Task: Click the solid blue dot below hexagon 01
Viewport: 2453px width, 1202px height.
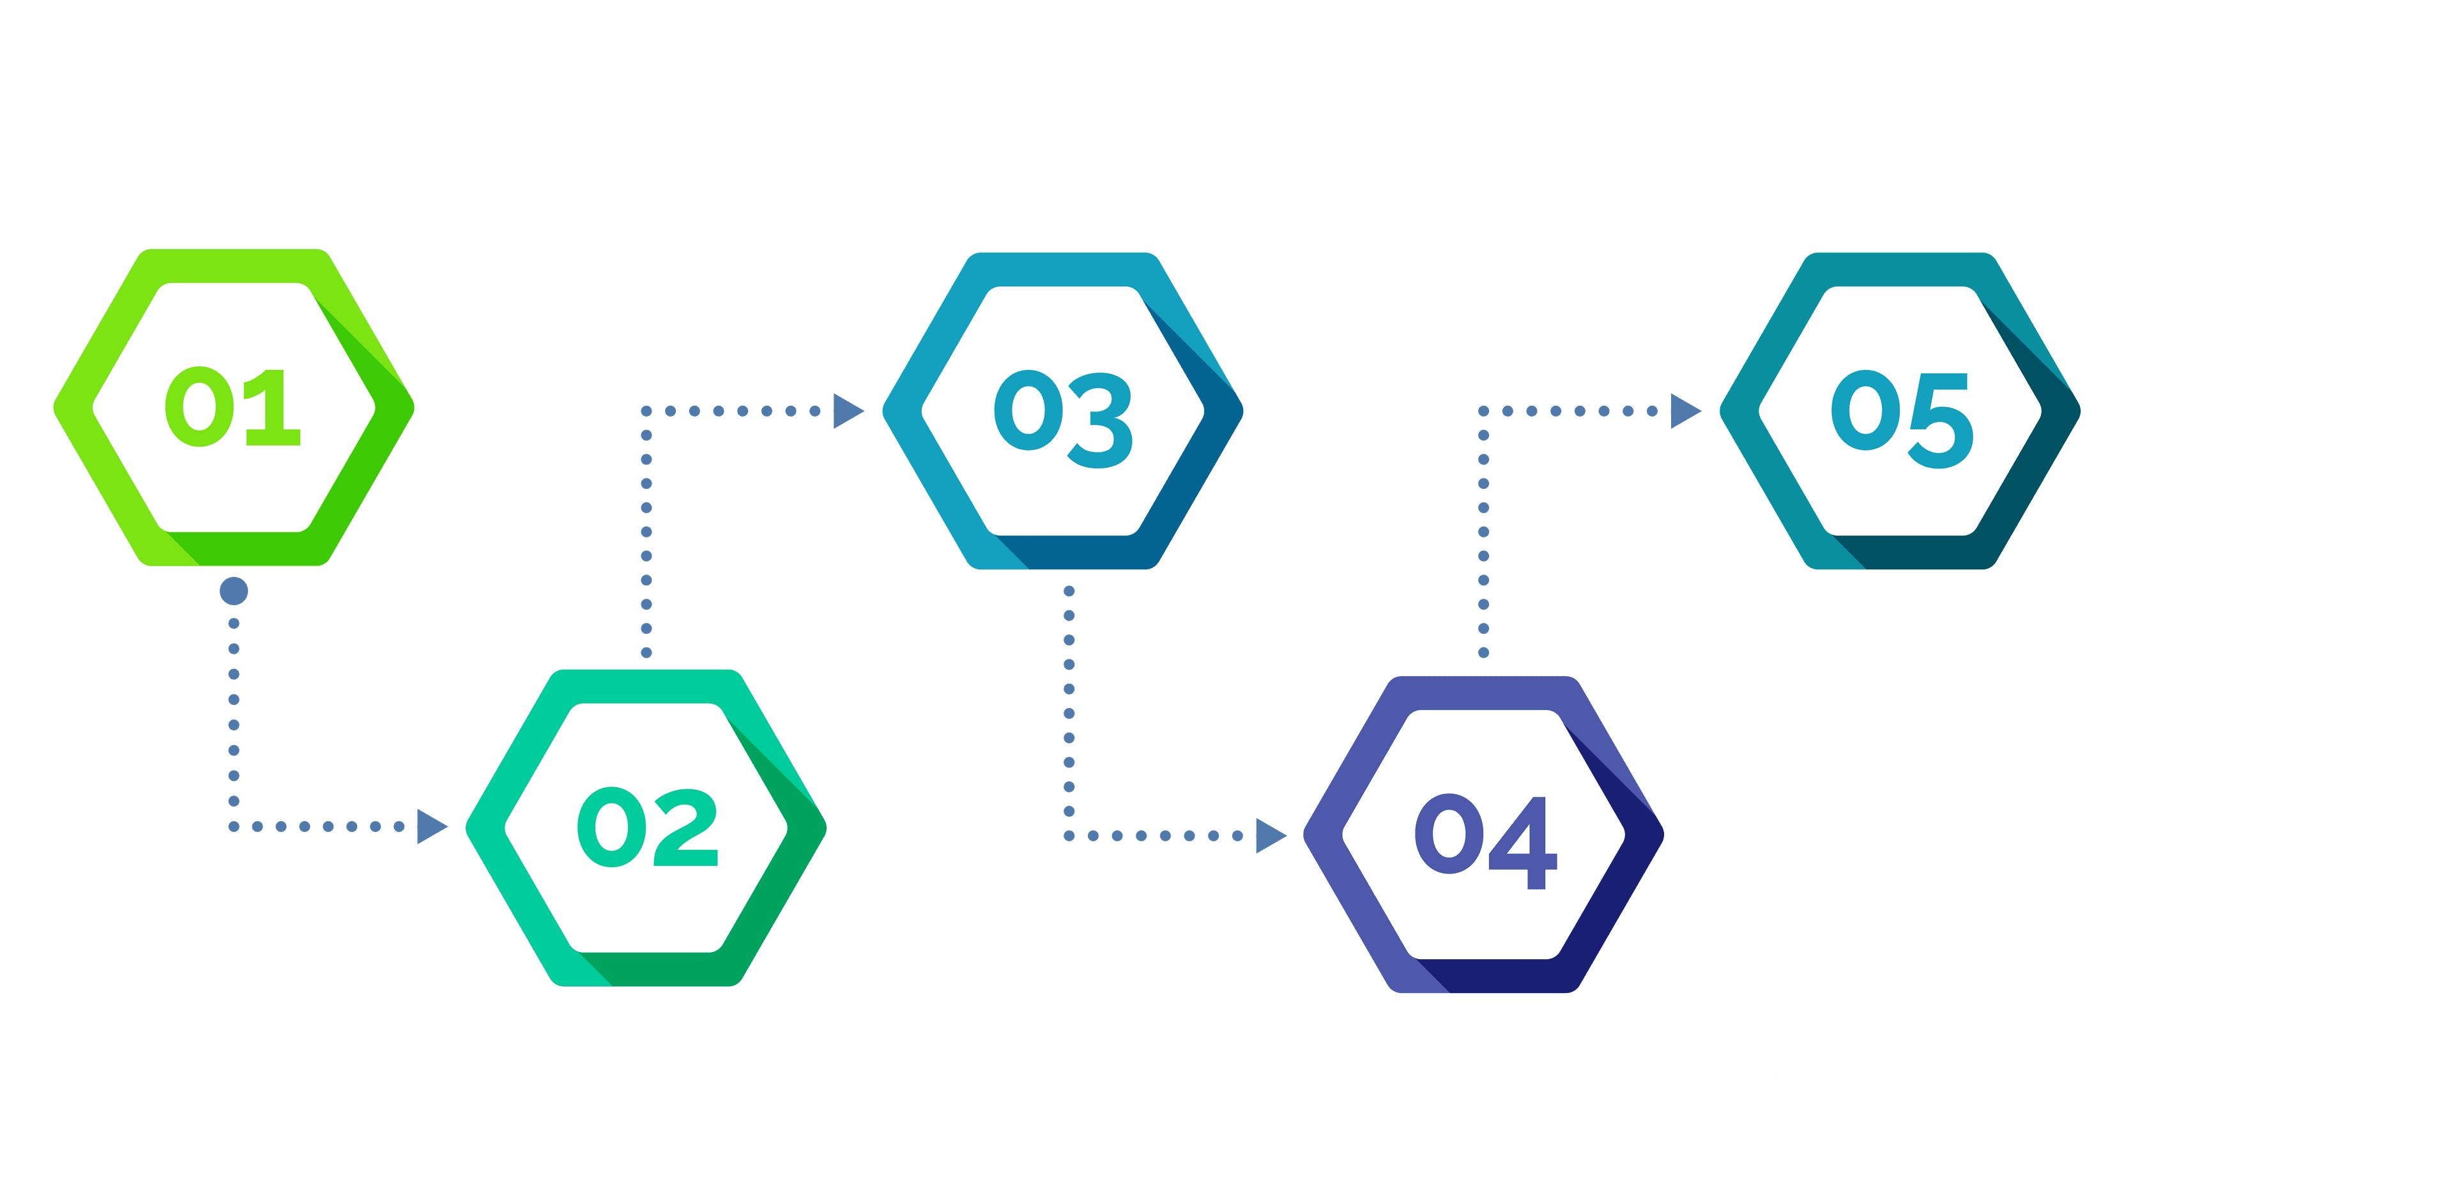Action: tap(233, 592)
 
